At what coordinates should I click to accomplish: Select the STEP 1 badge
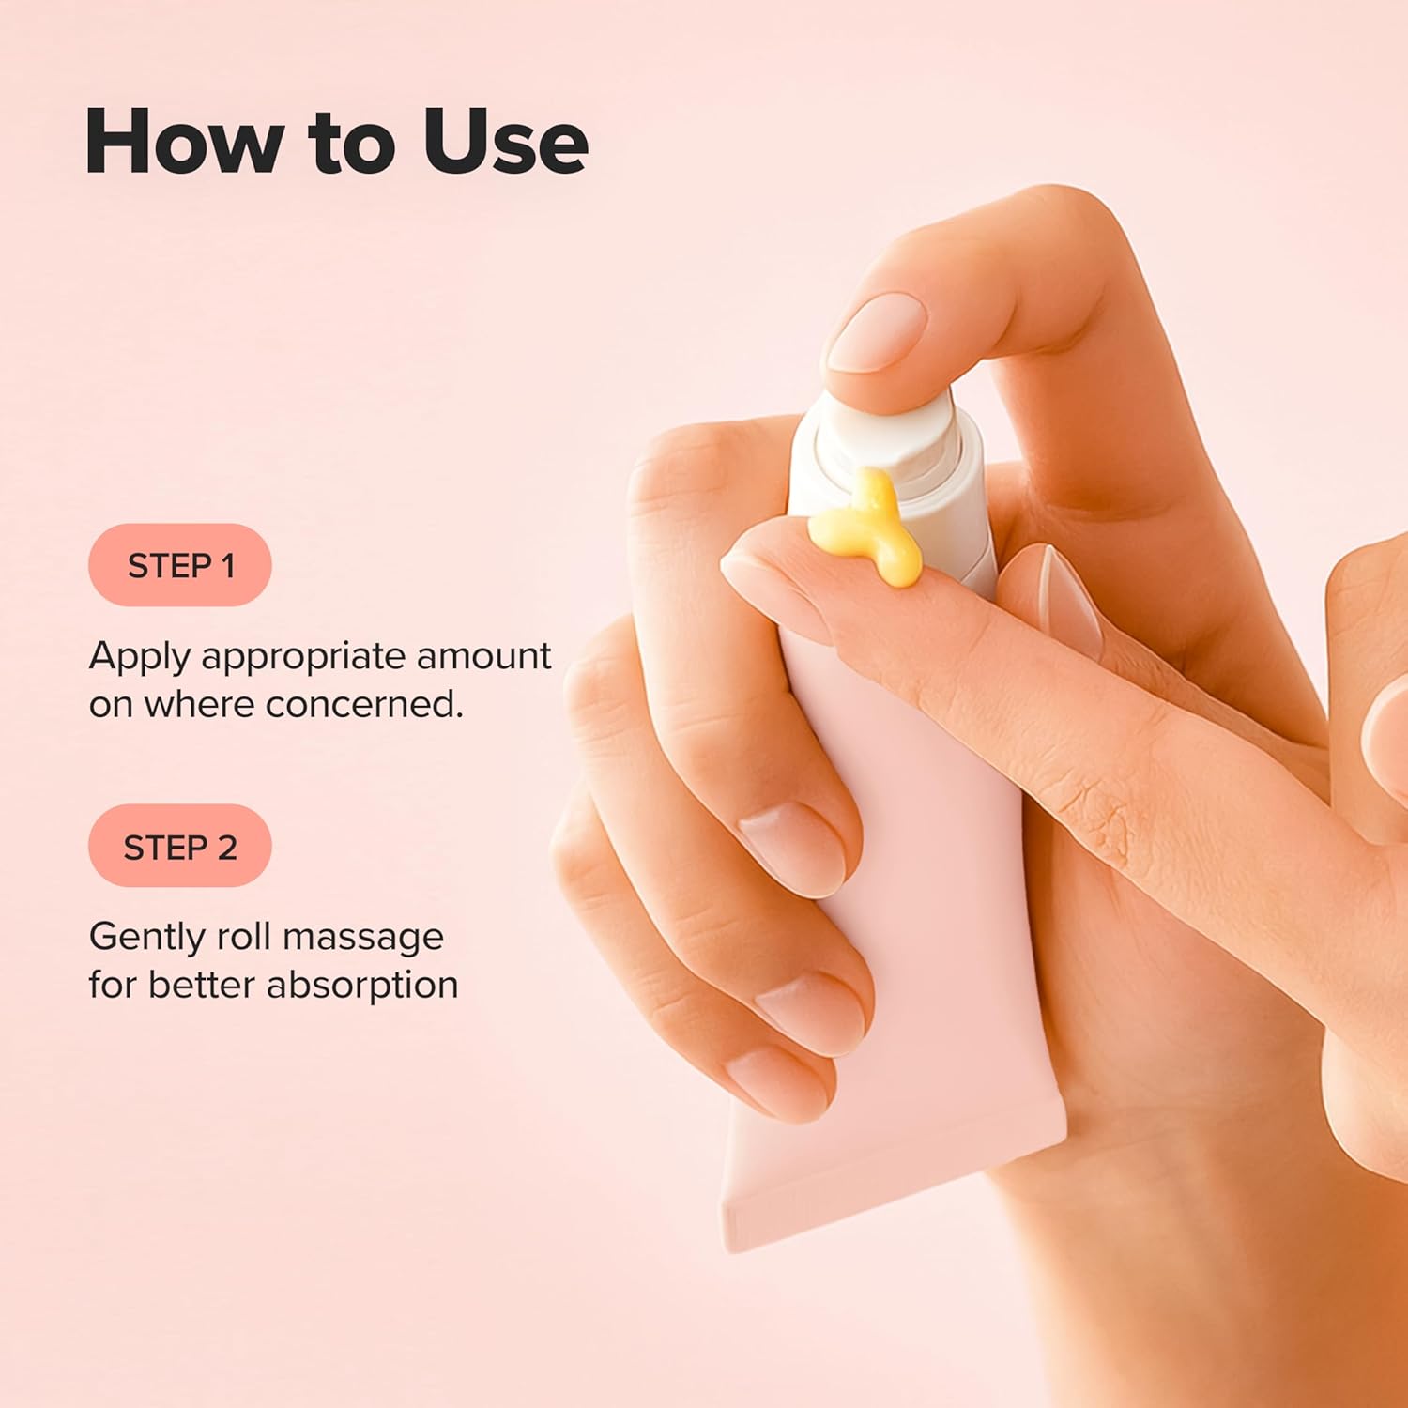tap(180, 565)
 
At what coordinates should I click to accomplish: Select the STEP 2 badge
tap(180, 847)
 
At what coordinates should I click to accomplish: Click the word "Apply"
tap(140, 657)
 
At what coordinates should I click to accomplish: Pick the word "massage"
tap(362, 938)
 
